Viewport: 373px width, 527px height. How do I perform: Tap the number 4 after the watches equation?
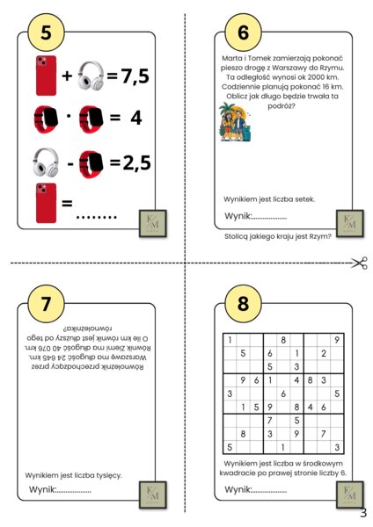136,119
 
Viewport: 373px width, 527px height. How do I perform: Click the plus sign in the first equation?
67,77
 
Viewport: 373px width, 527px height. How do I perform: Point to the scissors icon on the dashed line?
357,262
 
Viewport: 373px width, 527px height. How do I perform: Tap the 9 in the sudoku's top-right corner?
337,339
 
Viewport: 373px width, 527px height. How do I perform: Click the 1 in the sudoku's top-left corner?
230,339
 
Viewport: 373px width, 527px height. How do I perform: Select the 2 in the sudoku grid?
324,353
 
